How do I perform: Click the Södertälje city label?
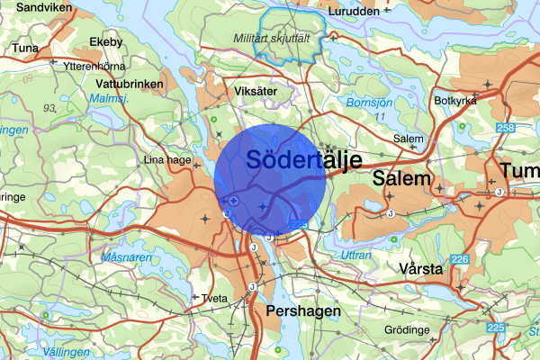pos(302,162)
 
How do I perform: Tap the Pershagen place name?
pos(303,310)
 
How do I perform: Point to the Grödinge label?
pos(407,330)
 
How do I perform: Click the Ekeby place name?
pos(105,42)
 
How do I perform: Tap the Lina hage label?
pos(167,160)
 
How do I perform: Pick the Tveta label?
pos(213,297)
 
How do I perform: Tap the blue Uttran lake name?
pos(356,256)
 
